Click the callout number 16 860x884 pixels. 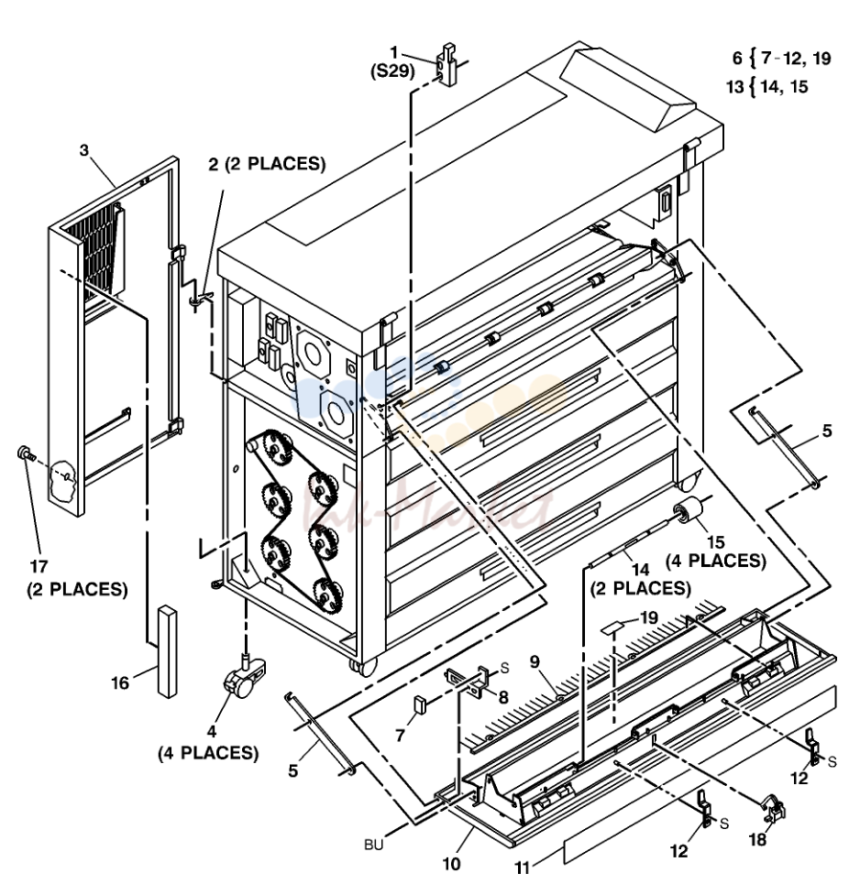click(x=119, y=682)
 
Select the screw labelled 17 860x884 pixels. click(x=26, y=453)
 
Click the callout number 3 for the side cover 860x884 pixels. click(x=84, y=150)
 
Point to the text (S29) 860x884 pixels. click(x=392, y=71)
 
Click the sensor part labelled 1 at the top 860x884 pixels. click(x=447, y=64)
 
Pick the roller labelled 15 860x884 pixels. click(x=688, y=511)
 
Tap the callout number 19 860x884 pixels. click(x=649, y=617)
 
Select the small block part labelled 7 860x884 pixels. click(x=418, y=704)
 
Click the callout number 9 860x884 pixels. click(x=535, y=662)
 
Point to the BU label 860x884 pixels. click(x=373, y=845)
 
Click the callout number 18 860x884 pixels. click(x=757, y=839)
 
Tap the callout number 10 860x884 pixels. click(x=451, y=864)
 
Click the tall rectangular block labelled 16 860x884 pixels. click(x=168, y=651)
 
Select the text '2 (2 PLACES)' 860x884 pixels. click(x=268, y=164)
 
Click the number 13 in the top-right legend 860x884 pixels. click(x=735, y=87)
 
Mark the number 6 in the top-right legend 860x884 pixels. click(x=737, y=58)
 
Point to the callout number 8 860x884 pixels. click(x=503, y=697)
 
